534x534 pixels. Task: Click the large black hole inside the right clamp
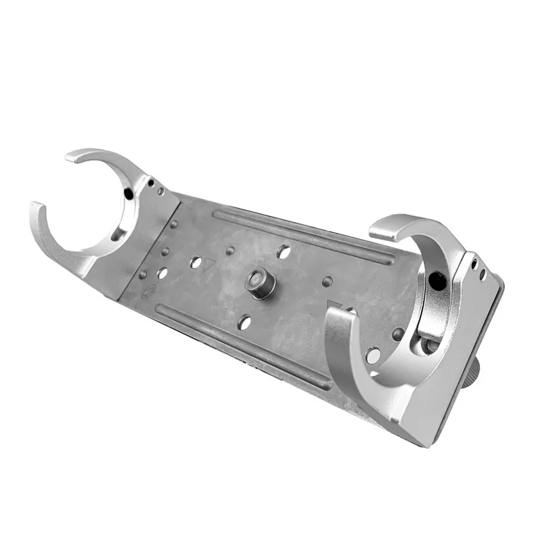coord(437,281)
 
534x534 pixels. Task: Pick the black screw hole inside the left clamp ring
coord(128,194)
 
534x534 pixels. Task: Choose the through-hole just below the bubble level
coord(244,323)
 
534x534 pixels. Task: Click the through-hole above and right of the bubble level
coord(284,252)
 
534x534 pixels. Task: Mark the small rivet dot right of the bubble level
coord(326,280)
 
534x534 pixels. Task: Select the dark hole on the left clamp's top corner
coord(151,183)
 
